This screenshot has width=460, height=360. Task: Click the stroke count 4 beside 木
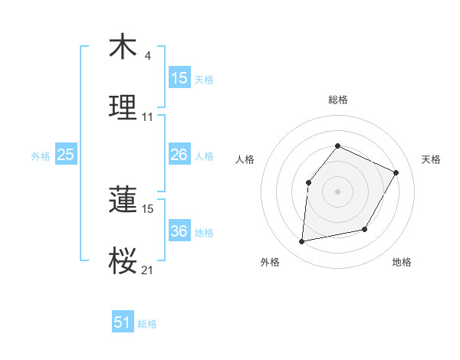[147, 56]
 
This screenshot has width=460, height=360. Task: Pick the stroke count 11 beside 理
[148, 117]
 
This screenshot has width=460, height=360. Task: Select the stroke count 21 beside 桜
[148, 270]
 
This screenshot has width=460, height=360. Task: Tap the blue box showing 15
[179, 77]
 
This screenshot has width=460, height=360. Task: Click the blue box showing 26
[179, 155]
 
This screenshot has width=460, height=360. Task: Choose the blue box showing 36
[179, 231]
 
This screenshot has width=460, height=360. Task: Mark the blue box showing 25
[66, 155]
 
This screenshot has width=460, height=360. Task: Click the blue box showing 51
[123, 322]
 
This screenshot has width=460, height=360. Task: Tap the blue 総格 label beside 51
[147, 324]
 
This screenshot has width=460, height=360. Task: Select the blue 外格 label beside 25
[41, 156]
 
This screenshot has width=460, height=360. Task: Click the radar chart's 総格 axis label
[337, 100]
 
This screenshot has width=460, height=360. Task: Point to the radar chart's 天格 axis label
[432, 159]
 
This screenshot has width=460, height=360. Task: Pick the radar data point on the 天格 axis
[396, 172]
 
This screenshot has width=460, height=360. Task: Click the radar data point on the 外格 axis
[302, 242]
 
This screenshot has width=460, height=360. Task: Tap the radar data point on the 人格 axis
[308, 182]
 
